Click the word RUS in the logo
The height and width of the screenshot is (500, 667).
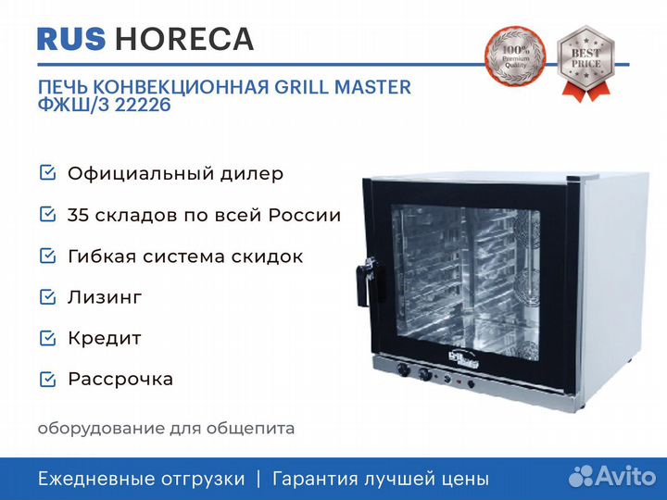72,39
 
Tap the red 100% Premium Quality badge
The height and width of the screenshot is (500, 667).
515,60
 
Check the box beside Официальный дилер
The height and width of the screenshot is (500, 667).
46,173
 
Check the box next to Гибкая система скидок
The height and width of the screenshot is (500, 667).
46,256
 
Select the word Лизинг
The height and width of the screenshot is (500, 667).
105,297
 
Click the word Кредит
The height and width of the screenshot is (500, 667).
105,338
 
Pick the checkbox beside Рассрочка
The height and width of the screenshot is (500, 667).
46,379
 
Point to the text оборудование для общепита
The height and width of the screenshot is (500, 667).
167,428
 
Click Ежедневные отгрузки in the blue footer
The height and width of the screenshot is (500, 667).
142,479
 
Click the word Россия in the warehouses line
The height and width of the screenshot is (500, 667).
305,216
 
